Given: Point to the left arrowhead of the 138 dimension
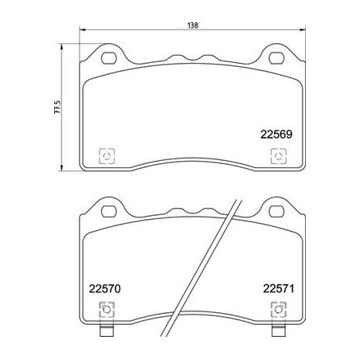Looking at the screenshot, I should [83, 32].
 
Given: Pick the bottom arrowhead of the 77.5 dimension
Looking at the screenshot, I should [65, 169].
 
